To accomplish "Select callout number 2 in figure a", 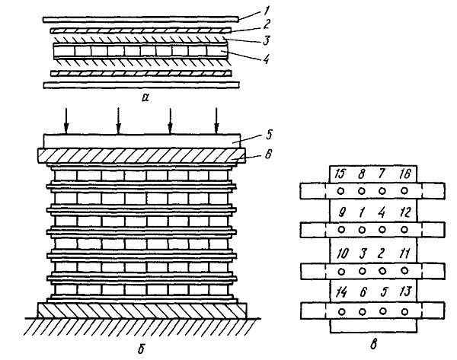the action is [x=266, y=24].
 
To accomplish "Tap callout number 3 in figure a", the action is [x=266, y=40].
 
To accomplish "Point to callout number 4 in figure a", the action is [x=266, y=59].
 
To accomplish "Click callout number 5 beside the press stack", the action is [x=269, y=135].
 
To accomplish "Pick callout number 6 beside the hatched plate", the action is [x=268, y=154].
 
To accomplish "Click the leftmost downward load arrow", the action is [x=66, y=121].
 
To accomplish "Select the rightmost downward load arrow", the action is [x=216, y=121].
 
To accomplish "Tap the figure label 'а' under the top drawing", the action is [x=145, y=97].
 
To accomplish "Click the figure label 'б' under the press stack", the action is [x=142, y=349].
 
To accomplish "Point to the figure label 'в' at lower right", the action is [x=373, y=345].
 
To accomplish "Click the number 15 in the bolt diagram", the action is [x=340, y=174].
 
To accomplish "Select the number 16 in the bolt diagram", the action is [x=404, y=174].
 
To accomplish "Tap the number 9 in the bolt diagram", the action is [x=342, y=213].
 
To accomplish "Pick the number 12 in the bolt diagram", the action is [x=404, y=212].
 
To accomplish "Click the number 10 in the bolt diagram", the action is [x=342, y=253].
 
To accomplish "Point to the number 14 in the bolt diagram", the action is [x=341, y=292].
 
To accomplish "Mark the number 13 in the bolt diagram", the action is [x=405, y=292].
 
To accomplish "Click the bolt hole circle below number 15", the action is [x=340, y=191].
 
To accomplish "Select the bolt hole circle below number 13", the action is [x=404, y=312].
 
